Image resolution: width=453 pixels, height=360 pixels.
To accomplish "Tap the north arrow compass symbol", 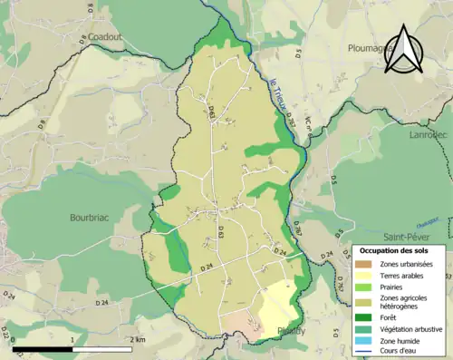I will click(402, 49).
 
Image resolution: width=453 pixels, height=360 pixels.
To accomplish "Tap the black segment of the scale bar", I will click(43, 349).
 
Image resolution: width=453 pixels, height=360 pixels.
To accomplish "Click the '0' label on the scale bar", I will click(14, 339).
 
